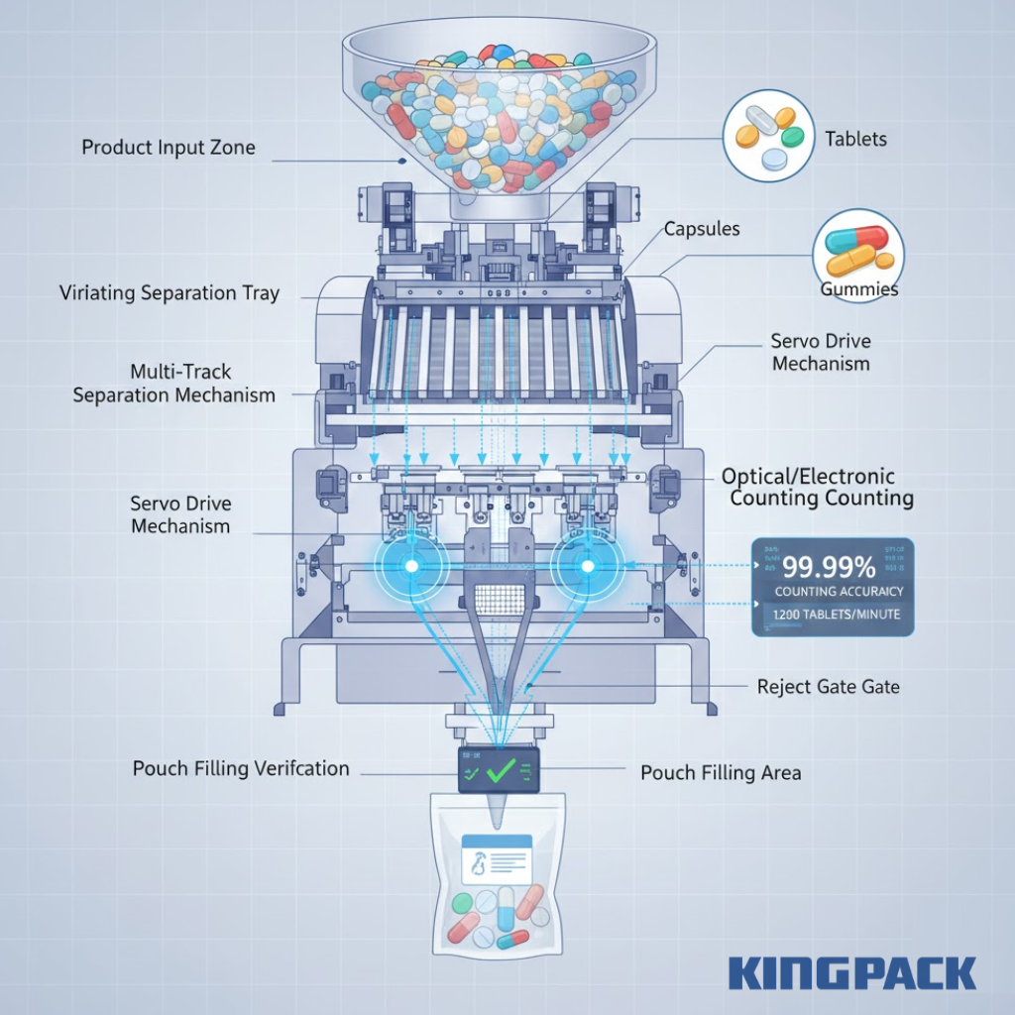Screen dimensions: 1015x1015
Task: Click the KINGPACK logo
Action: (x=852, y=972)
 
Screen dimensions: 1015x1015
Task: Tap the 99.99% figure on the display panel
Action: (x=830, y=568)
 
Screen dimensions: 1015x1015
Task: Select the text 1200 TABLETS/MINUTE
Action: (x=832, y=615)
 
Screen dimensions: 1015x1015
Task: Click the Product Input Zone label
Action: (x=168, y=148)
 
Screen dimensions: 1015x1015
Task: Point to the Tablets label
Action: (x=856, y=140)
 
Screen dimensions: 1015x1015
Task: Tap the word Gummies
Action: (x=858, y=289)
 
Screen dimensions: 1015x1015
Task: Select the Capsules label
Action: (x=701, y=229)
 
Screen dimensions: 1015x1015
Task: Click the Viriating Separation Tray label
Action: (x=169, y=293)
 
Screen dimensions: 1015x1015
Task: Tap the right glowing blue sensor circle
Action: (x=587, y=566)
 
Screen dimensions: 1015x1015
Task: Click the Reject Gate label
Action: (x=828, y=686)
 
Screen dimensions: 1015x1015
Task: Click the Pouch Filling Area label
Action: (x=721, y=772)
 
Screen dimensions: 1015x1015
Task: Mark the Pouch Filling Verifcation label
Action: (x=241, y=768)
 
